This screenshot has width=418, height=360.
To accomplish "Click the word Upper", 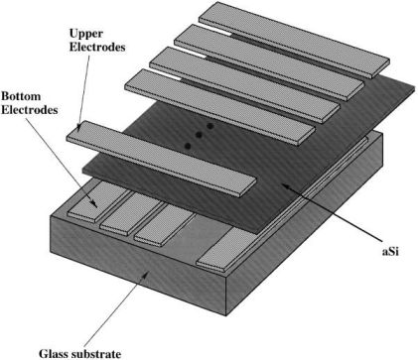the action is point(86,34).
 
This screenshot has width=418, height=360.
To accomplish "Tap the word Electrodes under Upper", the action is point(97,47).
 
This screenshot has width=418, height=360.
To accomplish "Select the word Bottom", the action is point(21,96).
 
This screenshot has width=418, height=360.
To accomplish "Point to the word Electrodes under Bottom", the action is point(30,110).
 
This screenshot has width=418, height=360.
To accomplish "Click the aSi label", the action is point(390,252).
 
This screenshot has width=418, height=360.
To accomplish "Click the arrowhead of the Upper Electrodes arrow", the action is point(78,128).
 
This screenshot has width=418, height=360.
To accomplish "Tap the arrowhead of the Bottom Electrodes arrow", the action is point(94,204).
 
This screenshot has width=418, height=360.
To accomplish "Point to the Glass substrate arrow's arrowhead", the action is point(146,274).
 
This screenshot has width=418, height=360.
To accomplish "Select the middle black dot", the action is point(199,135).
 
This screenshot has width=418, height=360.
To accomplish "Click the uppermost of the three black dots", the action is point(209,126).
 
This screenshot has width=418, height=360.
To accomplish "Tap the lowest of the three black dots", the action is point(188,146).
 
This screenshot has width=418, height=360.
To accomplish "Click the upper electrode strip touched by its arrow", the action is point(162,159).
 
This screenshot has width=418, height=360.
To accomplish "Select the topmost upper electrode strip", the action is point(295,40).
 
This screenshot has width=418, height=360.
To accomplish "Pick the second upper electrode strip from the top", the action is point(269,62).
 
